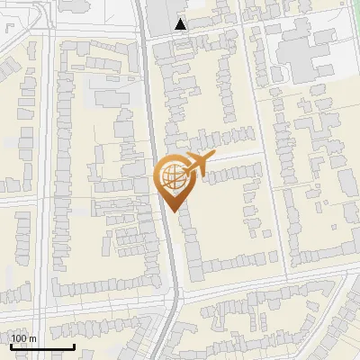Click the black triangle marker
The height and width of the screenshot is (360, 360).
181,24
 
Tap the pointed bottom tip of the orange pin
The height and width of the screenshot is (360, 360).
171,212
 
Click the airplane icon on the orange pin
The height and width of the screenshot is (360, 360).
197,164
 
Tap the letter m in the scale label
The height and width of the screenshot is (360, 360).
32,338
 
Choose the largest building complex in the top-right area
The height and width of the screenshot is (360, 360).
306,54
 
